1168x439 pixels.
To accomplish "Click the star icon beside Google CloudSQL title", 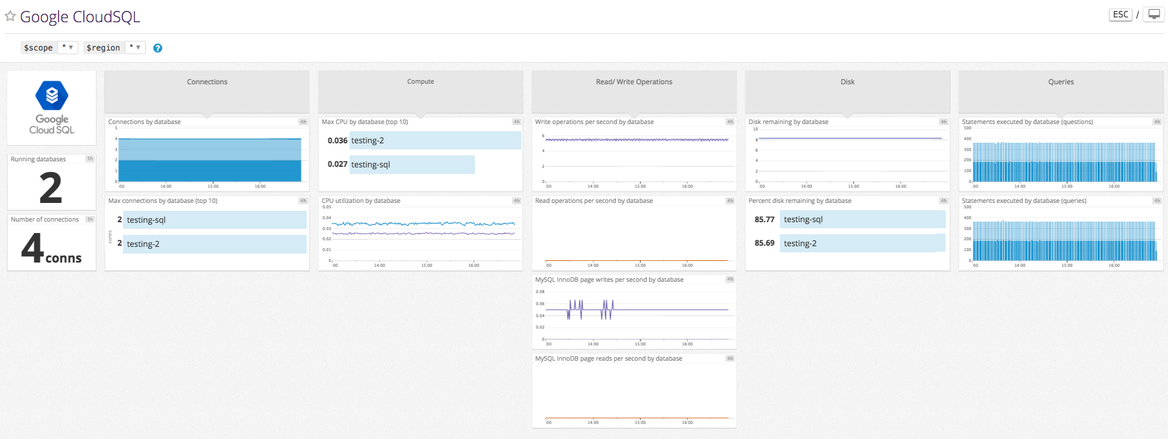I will click(10, 16).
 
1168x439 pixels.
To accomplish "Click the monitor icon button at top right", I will click(1154, 14).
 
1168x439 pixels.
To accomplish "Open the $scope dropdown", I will click(67, 48).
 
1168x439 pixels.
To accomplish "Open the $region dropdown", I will click(134, 48).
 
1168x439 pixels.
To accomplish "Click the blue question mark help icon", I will click(157, 48).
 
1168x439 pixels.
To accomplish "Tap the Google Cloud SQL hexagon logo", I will click(52, 95).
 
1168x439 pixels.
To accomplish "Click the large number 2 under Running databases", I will click(51, 188).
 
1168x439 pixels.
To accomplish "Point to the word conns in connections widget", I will click(63, 258).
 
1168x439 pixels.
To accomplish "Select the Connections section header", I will click(207, 82).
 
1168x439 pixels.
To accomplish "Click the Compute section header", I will click(420, 82).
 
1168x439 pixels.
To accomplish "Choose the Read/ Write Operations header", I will click(633, 82).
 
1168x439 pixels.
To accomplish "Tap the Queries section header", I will click(1060, 82).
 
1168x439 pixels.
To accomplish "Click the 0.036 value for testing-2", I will click(338, 140).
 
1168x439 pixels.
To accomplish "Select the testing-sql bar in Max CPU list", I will click(412, 164).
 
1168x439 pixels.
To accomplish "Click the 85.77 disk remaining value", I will click(764, 220).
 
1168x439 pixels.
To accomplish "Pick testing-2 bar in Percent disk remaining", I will click(862, 243).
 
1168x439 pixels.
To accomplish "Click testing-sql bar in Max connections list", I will click(215, 220).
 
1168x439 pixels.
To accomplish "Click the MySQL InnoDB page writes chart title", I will click(609, 279).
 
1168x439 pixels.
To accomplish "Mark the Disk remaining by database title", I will click(788, 122).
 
